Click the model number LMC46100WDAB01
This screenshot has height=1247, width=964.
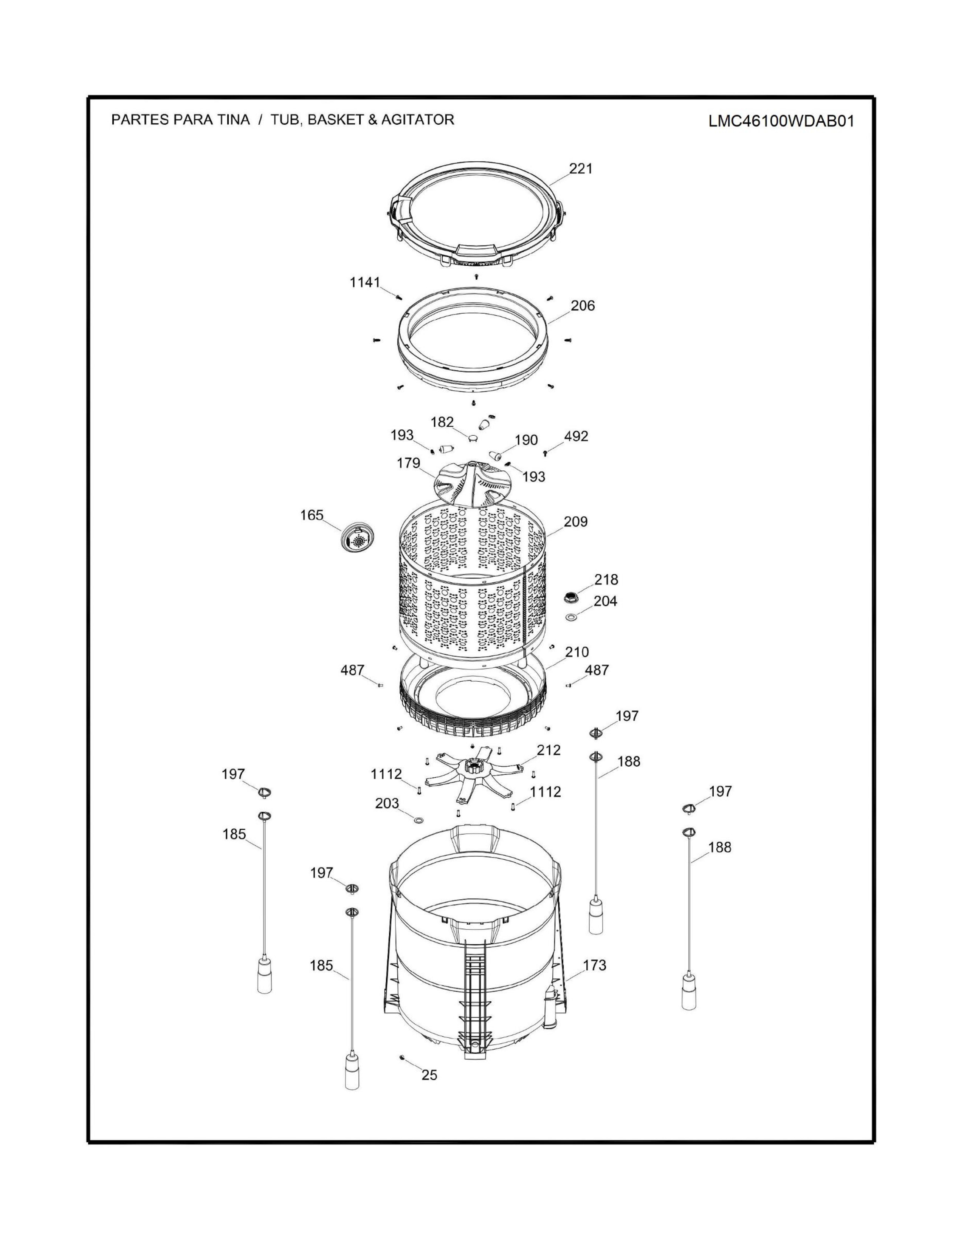click(781, 121)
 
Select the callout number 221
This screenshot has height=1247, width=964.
click(581, 169)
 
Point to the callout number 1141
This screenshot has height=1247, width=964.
click(365, 282)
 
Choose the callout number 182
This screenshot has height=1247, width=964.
click(442, 422)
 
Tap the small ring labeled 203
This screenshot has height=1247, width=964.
click(418, 820)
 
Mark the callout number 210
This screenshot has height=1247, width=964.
click(577, 652)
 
